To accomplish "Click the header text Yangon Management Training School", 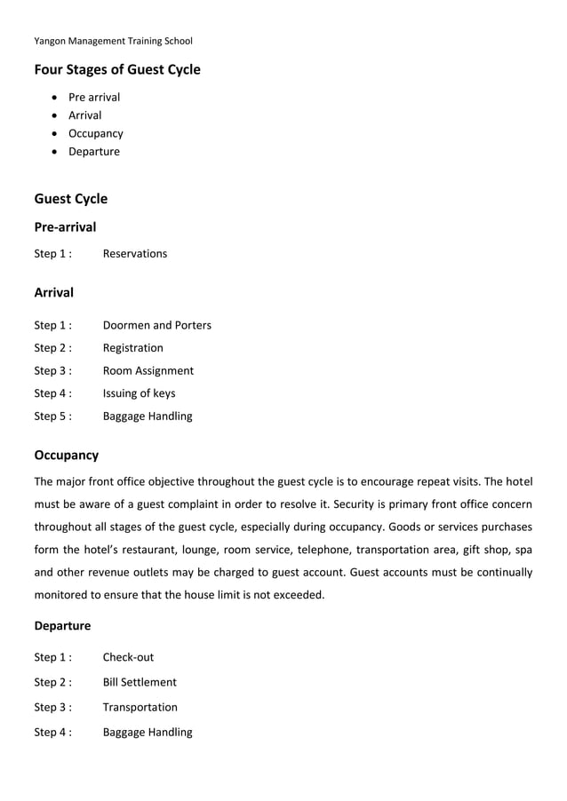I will [x=113, y=41].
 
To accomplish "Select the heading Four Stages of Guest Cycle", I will [x=117, y=69].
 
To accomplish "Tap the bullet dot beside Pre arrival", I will [x=57, y=98].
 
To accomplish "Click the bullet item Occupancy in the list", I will [x=96, y=133].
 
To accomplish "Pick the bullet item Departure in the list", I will [x=94, y=151].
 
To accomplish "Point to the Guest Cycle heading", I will [x=71, y=199].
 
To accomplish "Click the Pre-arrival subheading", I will [x=65, y=227].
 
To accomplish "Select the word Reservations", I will [x=135, y=254].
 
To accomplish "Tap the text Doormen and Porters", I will [x=157, y=325].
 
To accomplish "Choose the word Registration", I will [x=133, y=348].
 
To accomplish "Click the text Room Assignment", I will [x=148, y=370].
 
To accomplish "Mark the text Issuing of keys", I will [x=140, y=393].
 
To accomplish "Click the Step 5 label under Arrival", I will [x=52, y=416].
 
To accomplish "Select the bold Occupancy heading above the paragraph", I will [x=67, y=456].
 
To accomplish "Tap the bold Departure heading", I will [x=62, y=626].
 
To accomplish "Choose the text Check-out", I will [x=129, y=657].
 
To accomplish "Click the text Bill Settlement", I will [x=140, y=682].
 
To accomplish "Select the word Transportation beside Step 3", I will [x=140, y=707].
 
